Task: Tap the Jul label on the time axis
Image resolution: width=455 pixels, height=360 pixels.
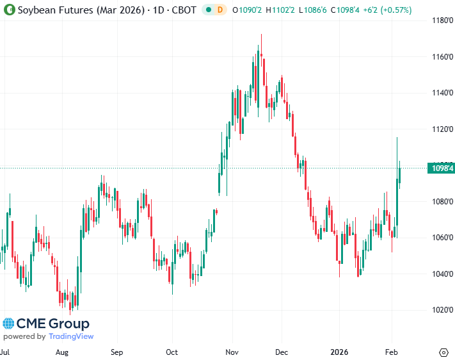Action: click(5, 352)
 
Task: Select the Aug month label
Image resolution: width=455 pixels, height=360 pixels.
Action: click(62, 352)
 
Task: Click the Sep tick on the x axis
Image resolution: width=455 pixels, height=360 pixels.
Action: click(116, 352)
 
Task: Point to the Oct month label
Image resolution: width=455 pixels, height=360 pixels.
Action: click(172, 352)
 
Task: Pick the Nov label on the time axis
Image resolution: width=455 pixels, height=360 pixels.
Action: click(232, 352)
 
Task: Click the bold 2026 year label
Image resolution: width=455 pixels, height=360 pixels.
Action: click(339, 352)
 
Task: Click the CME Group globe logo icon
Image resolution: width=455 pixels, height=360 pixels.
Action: click(8, 324)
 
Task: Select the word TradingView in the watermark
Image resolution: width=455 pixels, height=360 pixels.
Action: click(71, 337)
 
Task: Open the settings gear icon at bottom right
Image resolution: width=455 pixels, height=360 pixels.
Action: click(443, 352)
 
